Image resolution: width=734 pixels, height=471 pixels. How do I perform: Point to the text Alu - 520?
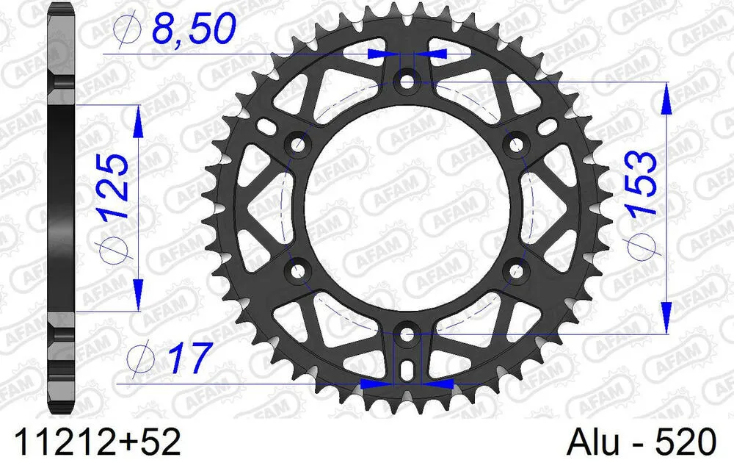tap(641, 443)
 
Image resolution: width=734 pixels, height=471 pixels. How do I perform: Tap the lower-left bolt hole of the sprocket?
tap(297, 271)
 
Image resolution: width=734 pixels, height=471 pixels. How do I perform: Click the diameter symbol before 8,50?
tap(129, 30)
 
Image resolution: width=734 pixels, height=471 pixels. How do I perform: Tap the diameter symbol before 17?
tap(138, 359)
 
